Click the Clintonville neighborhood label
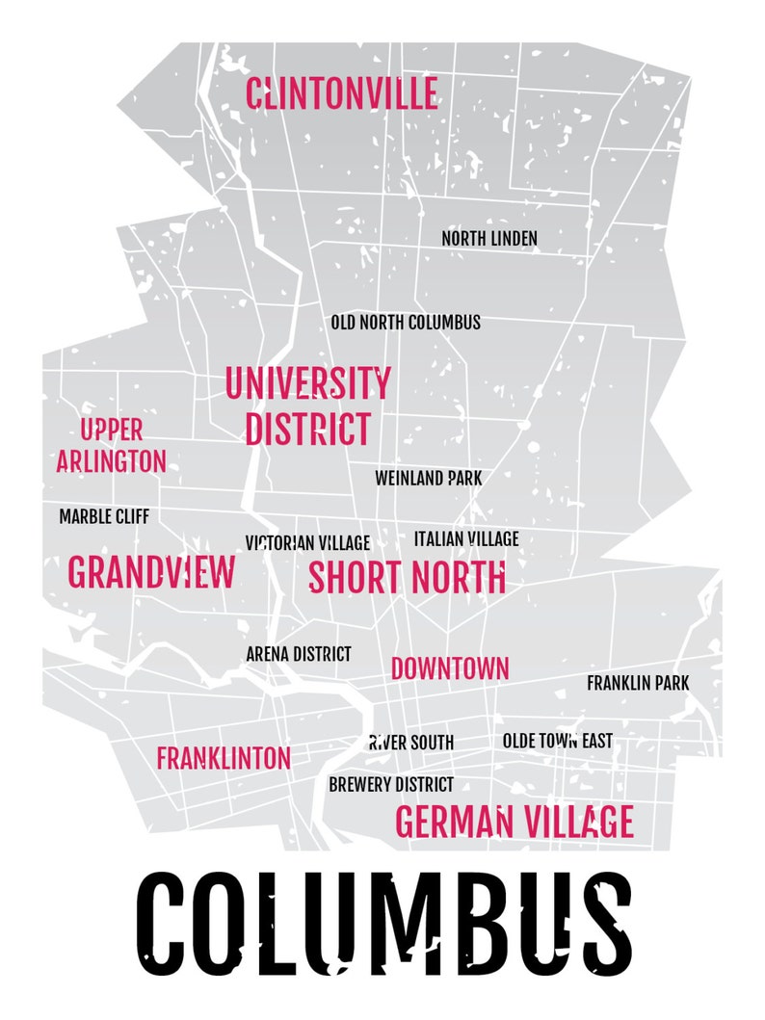[x=341, y=94]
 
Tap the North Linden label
[x=489, y=238]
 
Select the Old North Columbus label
[x=405, y=323]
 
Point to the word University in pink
[x=307, y=383]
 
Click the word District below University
[x=307, y=430]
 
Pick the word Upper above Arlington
[x=111, y=430]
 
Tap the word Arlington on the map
[x=111, y=461]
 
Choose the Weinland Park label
[x=428, y=478]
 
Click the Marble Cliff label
[x=104, y=517]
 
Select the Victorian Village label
[x=307, y=543]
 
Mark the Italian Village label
[x=466, y=538]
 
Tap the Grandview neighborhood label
[x=151, y=573]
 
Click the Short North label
[x=407, y=577]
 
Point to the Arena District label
[x=299, y=654]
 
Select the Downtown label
[x=450, y=668]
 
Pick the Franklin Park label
[x=638, y=683]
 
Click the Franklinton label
[x=224, y=758]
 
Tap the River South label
[x=411, y=743]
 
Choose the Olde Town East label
[x=557, y=741]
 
